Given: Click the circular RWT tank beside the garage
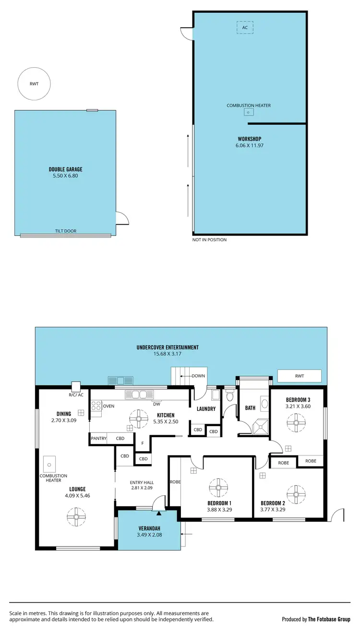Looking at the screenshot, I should point(34,84).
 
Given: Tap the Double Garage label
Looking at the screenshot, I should point(65,169).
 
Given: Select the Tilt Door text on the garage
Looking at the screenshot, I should point(65,231).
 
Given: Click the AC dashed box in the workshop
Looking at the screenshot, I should point(245,27).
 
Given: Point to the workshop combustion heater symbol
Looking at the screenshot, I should point(248,112).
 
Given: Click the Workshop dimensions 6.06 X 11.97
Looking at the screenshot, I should point(249,145).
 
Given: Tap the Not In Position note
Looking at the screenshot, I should point(209,239).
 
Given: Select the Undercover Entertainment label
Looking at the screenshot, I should point(168,347).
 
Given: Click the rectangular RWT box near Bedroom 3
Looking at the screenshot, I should point(300,376).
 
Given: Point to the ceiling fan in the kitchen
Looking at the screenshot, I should point(139,418).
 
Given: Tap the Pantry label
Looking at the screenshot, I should point(98,438).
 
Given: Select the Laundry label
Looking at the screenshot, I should point(206,409).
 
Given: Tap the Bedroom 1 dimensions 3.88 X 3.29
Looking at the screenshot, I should point(219,510).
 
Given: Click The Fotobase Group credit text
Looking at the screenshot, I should point(329,619).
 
